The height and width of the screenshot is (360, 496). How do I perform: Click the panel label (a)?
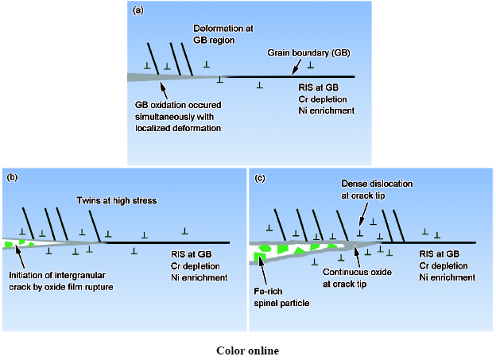click(x=138, y=10)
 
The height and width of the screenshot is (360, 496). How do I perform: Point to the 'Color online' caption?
click(x=247, y=350)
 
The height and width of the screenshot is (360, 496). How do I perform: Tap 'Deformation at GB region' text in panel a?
click(x=223, y=34)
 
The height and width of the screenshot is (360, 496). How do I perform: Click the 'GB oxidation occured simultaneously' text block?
click(x=177, y=115)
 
